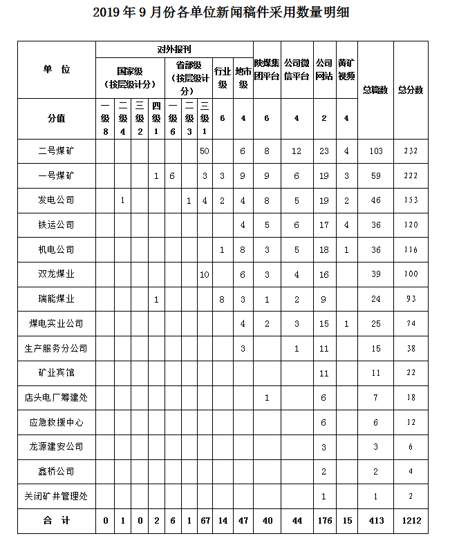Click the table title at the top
coord(225,14)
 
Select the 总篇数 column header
coord(375,90)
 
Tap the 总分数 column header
coord(411,90)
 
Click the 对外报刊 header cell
coord(174,50)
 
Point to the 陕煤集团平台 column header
coord(266,70)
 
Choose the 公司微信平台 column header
coord(296,70)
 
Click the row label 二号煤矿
coord(56,151)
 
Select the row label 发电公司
coord(56,200)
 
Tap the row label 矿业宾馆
coord(56,373)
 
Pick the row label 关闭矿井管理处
coord(56,496)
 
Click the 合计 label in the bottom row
coord(56,521)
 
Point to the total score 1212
coord(411,521)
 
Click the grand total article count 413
coord(375,521)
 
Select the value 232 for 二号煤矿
coord(411,151)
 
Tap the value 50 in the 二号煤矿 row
coord(204,151)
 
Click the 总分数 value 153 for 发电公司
coord(411,201)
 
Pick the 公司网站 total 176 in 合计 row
coord(324,521)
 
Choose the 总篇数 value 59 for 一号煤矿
coord(375,176)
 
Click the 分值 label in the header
coord(56,118)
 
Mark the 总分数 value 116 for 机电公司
coord(411,250)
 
